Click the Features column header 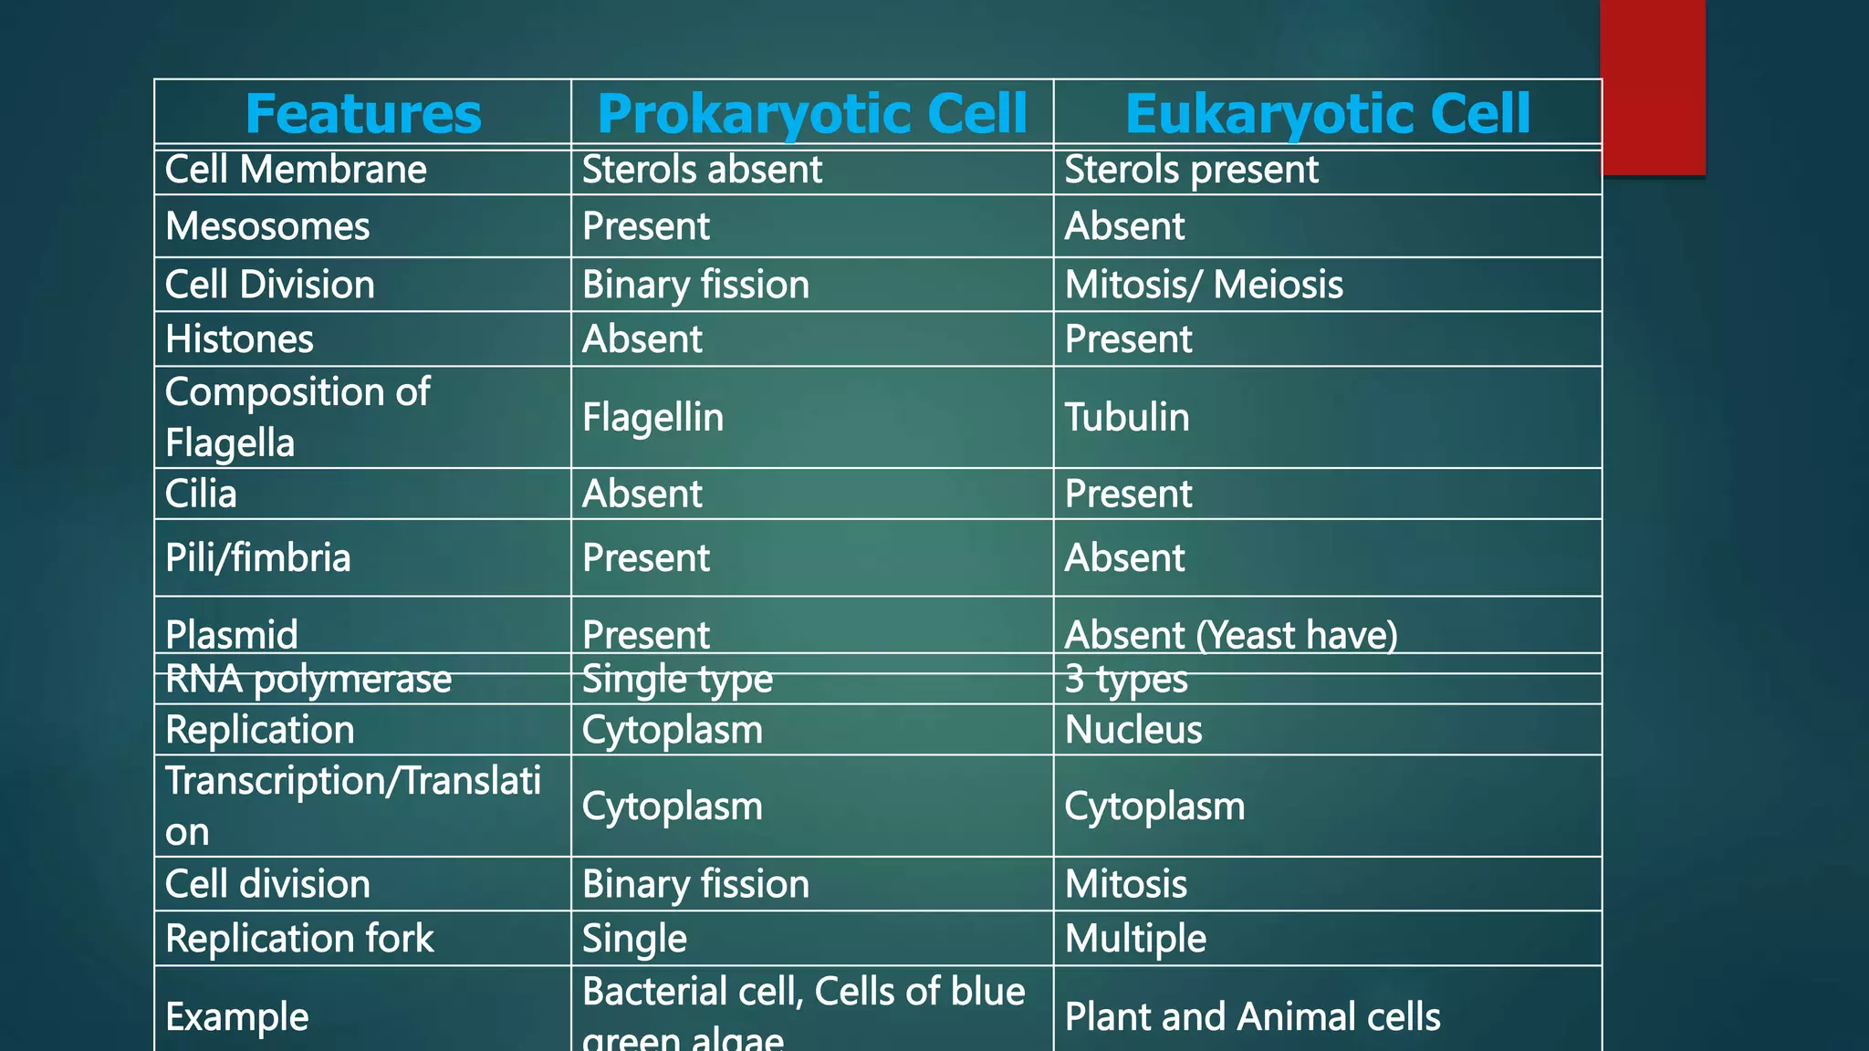362,114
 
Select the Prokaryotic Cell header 811,114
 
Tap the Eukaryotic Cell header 1327,114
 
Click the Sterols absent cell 702,170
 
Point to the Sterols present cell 1191,170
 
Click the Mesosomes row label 267,226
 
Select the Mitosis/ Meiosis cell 1204,285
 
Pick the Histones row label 239,339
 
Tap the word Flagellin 653,417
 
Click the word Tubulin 1127,417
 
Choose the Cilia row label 201,494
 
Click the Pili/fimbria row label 257,557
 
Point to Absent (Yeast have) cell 1231,634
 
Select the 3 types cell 1126,679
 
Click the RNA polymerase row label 308,679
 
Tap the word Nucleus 1133,730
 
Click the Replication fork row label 299,938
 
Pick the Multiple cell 1135,938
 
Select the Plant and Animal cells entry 1252,1016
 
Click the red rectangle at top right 1653,87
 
